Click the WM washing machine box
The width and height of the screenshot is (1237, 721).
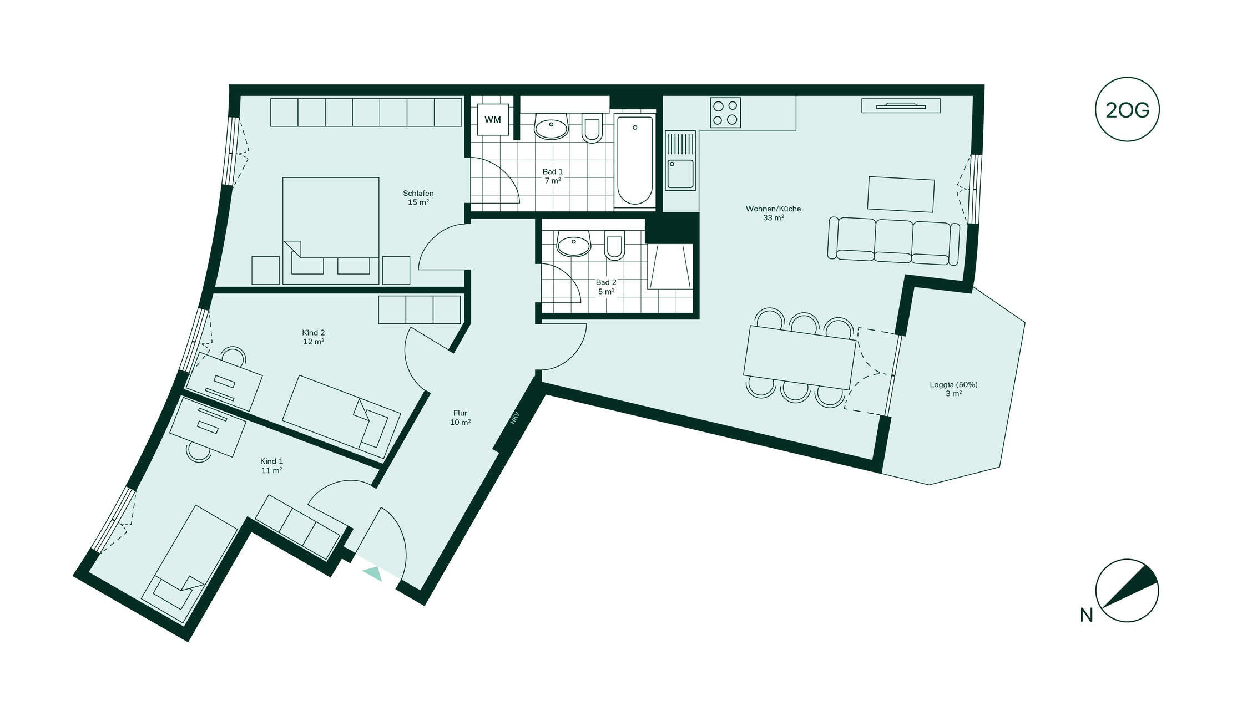(x=493, y=119)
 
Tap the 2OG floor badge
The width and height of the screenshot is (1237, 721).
(x=1127, y=109)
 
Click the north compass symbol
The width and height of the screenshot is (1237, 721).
(x=1127, y=591)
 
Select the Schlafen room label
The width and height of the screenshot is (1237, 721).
(x=418, y=198)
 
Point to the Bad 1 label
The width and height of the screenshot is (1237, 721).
(x=553, y=176)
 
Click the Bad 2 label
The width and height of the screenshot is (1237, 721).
(x=606, y=287)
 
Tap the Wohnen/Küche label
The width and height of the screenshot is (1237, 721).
(x=773, y=213)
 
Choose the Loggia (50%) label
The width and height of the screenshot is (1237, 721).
(x=953, y=389)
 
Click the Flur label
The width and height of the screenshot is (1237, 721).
(x=460, y=418)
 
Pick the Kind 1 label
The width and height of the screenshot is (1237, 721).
(x=271, y=465)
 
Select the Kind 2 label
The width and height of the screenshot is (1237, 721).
(x=314, y=337)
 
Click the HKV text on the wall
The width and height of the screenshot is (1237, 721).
(x=514, y=418)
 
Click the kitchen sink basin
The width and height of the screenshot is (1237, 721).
(x=680, y=173)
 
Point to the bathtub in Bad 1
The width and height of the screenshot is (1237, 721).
(x=635, y=161)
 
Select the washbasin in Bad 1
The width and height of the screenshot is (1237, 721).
(x=551, y=126)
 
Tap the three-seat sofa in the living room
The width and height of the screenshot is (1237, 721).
(x=893, y=241)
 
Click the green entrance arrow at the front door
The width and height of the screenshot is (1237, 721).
(x=373, y=573)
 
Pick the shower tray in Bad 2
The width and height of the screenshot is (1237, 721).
(x=670, y=266)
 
